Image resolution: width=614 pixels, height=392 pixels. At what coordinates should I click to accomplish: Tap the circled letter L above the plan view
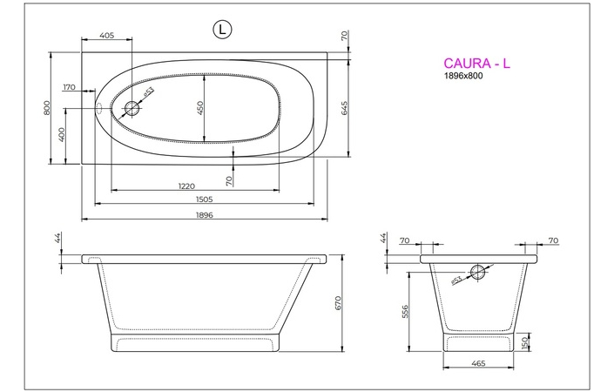click(223, 29)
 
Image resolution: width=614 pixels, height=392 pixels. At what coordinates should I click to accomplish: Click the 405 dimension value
click(107, 36)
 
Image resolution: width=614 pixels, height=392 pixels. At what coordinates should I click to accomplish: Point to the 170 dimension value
click(71, 88)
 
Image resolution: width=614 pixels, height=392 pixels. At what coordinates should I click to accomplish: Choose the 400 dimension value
click(62, 135)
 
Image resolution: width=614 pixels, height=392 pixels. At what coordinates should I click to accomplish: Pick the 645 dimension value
click(345, 109)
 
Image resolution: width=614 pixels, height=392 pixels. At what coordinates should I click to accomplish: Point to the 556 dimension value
click(407, 312)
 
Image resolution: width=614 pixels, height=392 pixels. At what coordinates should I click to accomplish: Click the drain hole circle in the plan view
click(132, 108)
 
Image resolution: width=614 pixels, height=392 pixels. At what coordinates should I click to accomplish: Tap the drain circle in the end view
click(478, 271)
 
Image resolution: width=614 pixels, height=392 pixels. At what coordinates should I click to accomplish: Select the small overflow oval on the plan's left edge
click(98, 109)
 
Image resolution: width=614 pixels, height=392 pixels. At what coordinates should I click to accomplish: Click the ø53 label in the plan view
click(149, 91)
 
